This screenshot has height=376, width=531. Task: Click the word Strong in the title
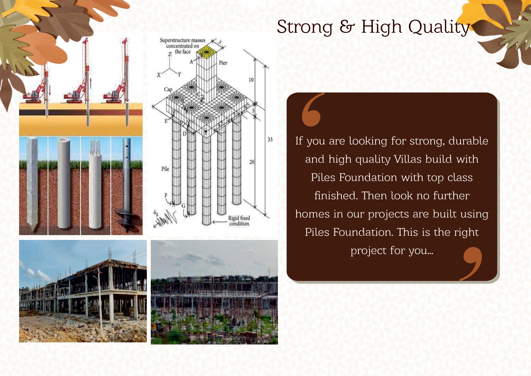click(305, 27)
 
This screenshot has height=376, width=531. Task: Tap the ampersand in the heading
click(347, 27)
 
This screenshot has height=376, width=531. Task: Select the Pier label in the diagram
click(223, 63)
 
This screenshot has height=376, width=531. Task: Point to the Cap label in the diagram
click(168, 89)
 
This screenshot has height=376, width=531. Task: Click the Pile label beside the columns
click(165, 169)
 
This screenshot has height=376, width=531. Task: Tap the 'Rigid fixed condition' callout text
click(239, 221)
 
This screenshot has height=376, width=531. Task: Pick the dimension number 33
click(270, 139)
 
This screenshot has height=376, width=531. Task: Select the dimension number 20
click(252, 162)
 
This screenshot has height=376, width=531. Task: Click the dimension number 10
click(251, 80)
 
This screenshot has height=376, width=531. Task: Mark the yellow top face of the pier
click(206, 52)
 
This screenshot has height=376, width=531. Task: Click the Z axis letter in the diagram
click(170, 54)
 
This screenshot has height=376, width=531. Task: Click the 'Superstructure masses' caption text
click(183, 40)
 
